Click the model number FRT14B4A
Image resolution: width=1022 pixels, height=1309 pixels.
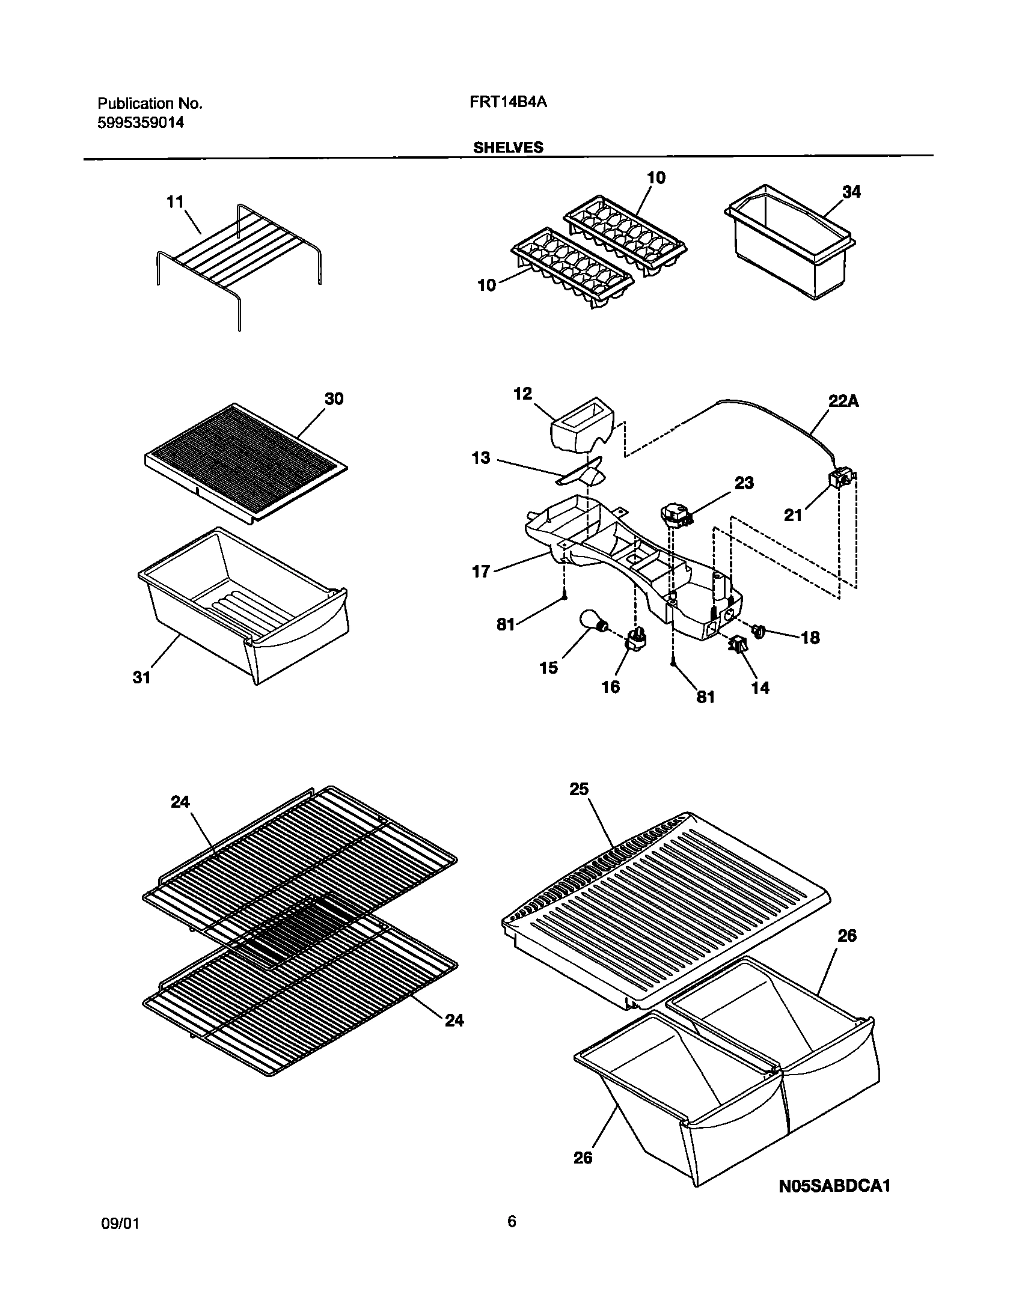point(507,103)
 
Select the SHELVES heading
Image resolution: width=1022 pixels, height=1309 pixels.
point(508,148)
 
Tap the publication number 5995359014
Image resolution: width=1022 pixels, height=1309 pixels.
point(140,123)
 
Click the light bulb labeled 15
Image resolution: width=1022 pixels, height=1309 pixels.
point(591,620)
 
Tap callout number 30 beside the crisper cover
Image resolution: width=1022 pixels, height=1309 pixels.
point(334,398)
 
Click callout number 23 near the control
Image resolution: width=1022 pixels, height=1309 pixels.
point(744,483)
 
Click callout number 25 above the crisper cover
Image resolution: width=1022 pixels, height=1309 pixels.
point(579,789)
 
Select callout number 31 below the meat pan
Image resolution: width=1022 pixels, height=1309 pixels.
point(141,677)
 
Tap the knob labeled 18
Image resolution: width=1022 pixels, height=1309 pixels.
point(760,630)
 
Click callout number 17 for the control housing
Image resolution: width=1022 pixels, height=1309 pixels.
point(481,571)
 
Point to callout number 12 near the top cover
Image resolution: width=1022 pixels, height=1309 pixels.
point(522,394)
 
